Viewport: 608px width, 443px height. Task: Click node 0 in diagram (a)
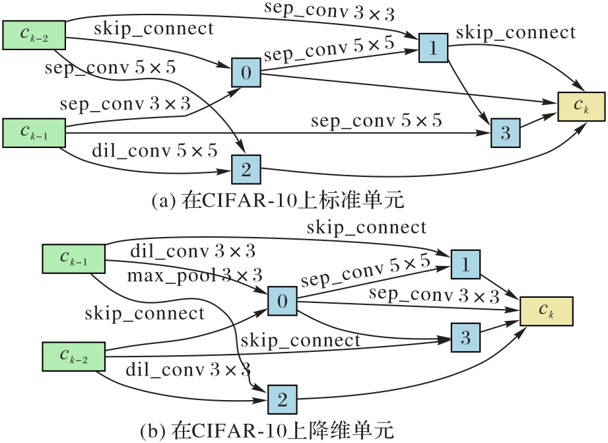(x=246, y=73)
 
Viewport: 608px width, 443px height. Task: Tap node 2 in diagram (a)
(x=246, y=170)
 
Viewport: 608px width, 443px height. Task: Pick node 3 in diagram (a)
(x=506, y=133)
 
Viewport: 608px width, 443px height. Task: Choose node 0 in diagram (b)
(x=283, y=302)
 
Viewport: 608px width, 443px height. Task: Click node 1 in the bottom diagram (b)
(x=466, y=264)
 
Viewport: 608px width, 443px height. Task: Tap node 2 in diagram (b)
(x=283, y=399)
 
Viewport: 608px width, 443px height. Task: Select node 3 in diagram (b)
(x=466, y=339)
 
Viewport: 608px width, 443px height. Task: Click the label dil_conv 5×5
(x=154, y=151)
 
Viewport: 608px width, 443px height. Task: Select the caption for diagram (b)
(x=267, y=431)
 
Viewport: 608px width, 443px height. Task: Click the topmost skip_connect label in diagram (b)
(x=366, y=227)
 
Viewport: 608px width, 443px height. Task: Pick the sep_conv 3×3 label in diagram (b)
(x=434, y=295)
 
